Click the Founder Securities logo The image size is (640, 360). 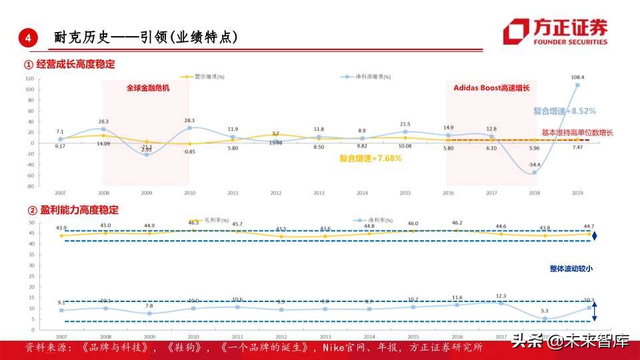(x=555, y=31)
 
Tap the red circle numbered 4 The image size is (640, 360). (x=27, y=38)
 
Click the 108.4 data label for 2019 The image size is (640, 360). (x=577, y=77)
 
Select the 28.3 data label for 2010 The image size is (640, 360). (x=189, y=120)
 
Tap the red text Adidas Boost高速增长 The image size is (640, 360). (x=491, y=87)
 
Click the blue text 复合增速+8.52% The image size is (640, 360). (x=564, y=111)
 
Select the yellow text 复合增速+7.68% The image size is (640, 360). (x=370, y=158)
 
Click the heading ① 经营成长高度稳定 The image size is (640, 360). (x=69, y=65)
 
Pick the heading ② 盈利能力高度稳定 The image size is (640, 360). (x=71, y=210)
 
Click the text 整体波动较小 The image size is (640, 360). (x=571, y=269)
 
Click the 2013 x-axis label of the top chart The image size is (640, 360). (x=319, y=193)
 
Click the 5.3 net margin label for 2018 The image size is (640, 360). (x=545, y=311)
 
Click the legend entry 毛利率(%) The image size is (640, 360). (x=212, y=221)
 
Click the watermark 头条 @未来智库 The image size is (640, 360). (x=571, y=342)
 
